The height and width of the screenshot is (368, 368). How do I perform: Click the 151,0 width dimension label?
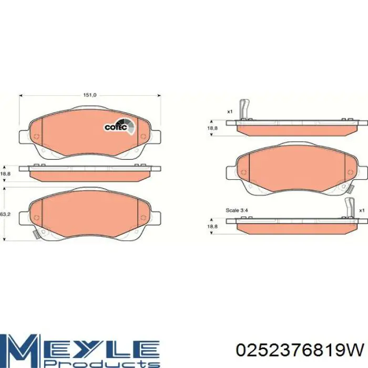tap(90, 95)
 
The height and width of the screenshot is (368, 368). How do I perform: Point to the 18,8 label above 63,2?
tap(5, 173)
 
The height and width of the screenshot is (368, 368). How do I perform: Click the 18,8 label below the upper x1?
tap(212, 128)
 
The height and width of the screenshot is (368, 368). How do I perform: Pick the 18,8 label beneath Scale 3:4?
tap(212, 226)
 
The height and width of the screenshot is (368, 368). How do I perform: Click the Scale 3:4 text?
tap(234, 210)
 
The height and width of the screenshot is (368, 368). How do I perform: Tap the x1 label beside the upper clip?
tap(230, 111)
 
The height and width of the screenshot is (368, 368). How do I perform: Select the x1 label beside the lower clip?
tap(362, 210)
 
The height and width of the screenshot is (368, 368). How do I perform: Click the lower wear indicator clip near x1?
tap(349, 208)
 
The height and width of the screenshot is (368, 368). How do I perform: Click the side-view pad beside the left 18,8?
tap(89, 172)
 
